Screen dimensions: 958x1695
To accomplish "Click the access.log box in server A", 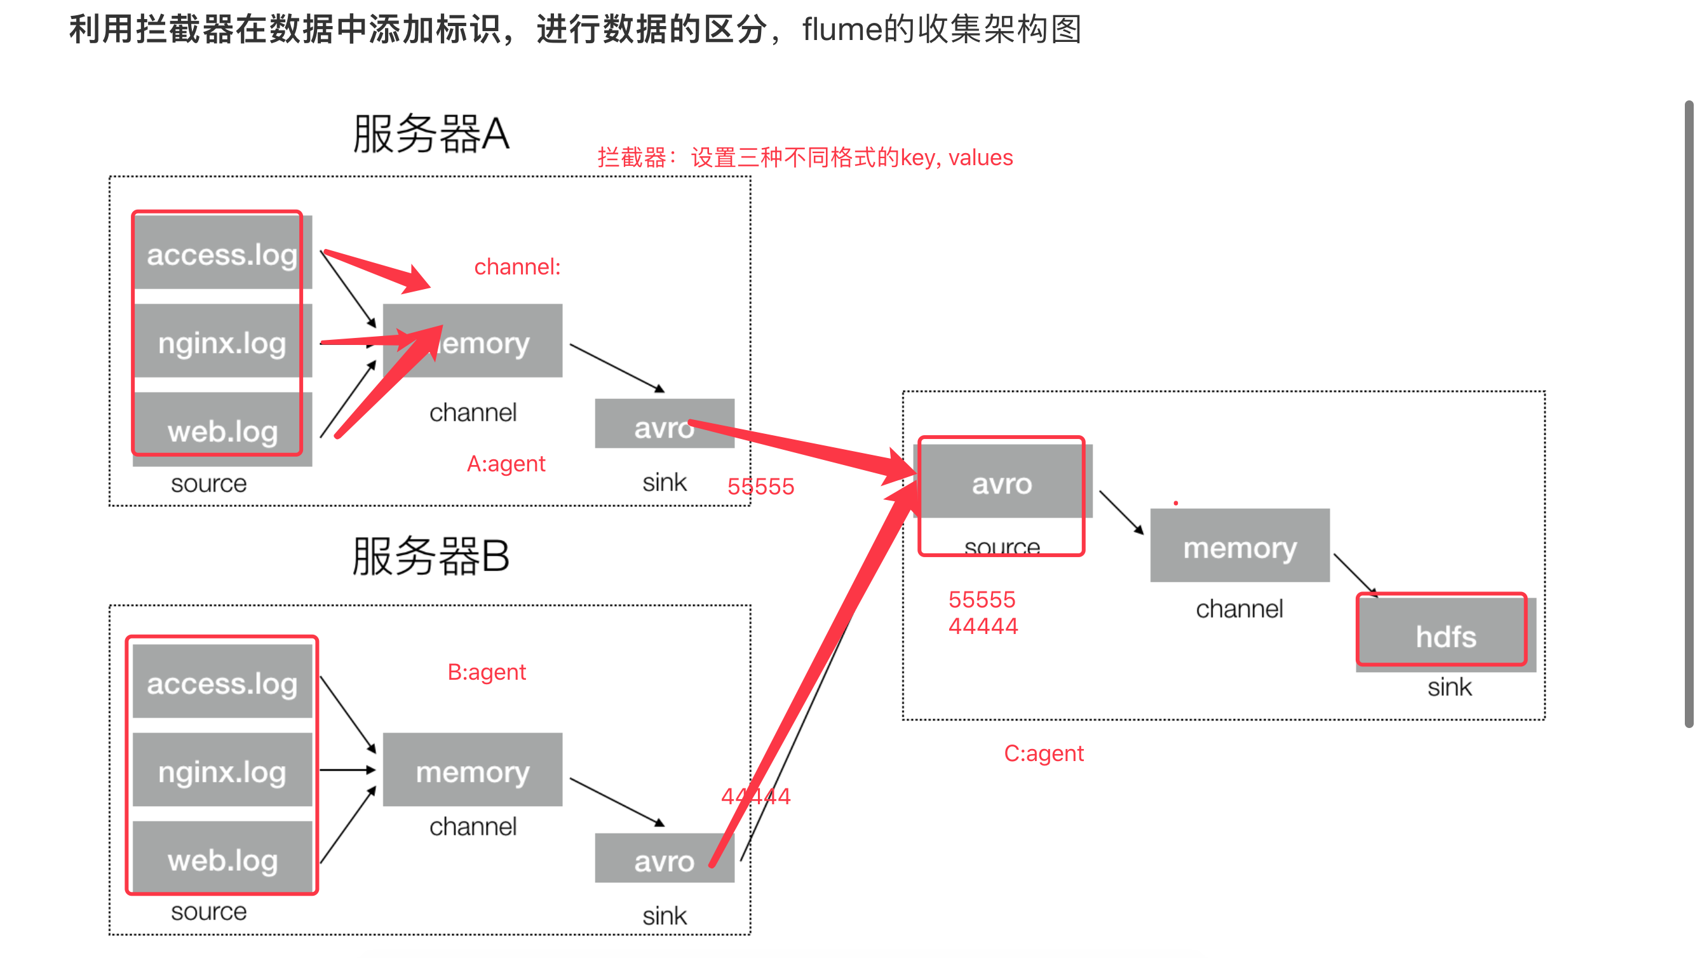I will point(222,253).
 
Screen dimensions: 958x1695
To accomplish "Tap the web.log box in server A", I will point(222,431).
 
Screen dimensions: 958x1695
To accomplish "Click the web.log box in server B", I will point(222,860).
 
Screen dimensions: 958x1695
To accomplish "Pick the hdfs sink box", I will point(1445,635).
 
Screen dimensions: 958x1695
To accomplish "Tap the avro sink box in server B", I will point(663,860).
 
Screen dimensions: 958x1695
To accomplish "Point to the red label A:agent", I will point(505,464).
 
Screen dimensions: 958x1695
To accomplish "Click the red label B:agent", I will point(486,671).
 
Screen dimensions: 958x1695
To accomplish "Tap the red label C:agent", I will point(1044,753).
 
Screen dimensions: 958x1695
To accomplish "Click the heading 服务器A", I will point(431,133).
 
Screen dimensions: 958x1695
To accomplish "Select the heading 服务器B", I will point(431,556).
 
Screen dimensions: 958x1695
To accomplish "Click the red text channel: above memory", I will point(517,266).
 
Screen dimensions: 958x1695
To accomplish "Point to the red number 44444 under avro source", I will point(982,626).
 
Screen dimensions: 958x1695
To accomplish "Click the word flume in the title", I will point(842,30).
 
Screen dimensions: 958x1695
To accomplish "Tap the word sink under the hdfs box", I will point(1449,687).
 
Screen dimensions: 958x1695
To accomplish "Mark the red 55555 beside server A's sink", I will point(760,486).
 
